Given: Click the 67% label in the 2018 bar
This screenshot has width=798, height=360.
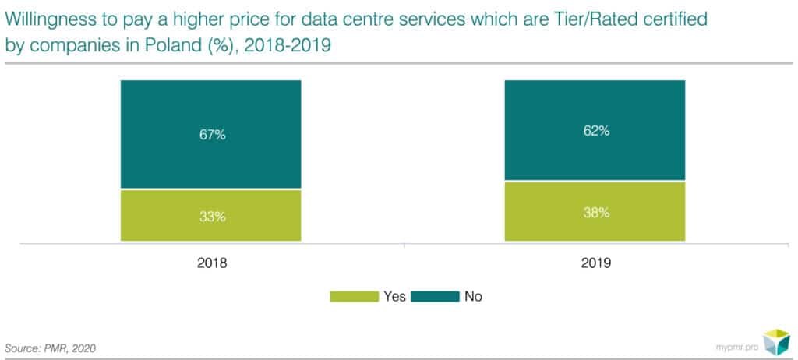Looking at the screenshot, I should [x=210, y=135].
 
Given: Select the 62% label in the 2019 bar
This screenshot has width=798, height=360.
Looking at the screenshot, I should [x=595, y=131].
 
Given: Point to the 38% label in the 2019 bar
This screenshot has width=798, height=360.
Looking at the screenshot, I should [x=595, y=213].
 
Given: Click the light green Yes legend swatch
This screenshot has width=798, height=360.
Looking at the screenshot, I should [x=353, y=296].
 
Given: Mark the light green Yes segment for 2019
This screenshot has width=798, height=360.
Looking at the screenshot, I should [x=595, y=212].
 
